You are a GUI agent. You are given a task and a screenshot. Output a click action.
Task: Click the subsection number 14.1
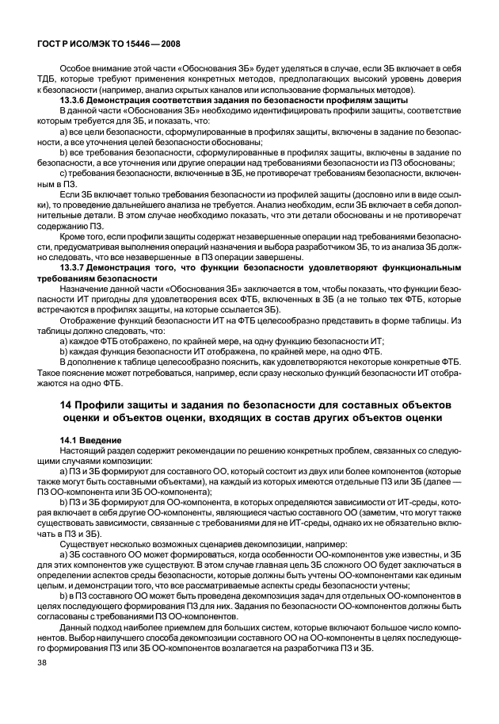70,440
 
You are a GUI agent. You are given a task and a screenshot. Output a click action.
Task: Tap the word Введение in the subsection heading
101,440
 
